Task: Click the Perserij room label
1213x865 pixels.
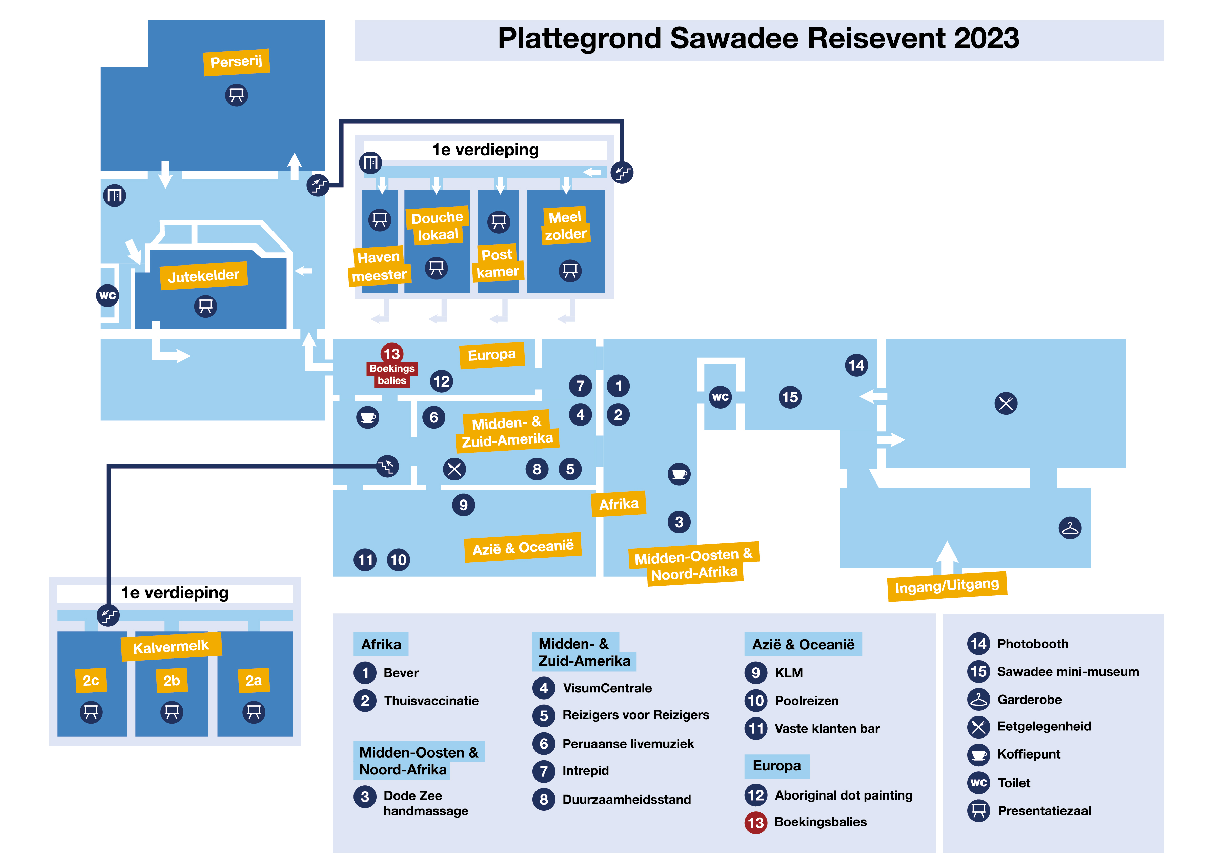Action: [236, 62]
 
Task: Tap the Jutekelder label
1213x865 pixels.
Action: [203, 275]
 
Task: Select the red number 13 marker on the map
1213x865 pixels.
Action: [392, 354]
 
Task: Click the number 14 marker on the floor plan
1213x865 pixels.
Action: [856, 366]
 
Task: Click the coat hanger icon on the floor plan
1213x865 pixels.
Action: [1070, 528]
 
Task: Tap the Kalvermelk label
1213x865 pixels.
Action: [171, 647]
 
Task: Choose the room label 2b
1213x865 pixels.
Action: [171, 680]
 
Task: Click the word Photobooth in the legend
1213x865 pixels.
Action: [1032, 644]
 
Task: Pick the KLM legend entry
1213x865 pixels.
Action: [788, 673]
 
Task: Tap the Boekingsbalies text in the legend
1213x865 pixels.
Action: [820, 822]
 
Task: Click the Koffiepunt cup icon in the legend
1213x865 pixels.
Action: [978, 754]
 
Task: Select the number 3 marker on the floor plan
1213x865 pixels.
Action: [679, 522]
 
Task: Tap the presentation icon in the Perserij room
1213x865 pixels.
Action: [236, 95]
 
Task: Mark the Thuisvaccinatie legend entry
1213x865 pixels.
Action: [431, 701]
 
